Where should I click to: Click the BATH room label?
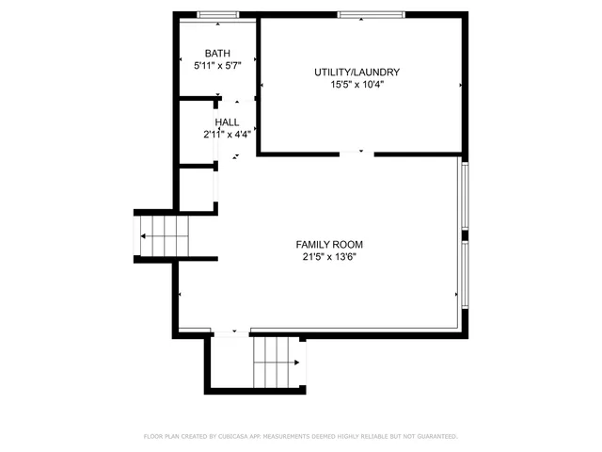(x=217, y=54)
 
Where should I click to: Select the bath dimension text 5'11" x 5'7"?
(x=217, y=66)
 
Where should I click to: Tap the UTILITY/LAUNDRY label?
(x=357, y=72)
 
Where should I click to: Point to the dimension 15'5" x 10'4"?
(x=357, y=84)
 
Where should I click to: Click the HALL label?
(x=227, y=122)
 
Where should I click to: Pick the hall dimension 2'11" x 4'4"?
(x=227, y=135)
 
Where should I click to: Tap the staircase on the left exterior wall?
(x=164, y=234)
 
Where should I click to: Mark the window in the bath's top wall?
(x=217, y=14)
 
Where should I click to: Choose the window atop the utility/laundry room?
(x=372, y=14)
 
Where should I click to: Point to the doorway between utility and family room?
(x=357, y=153)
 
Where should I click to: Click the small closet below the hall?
(x=197, y=187)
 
